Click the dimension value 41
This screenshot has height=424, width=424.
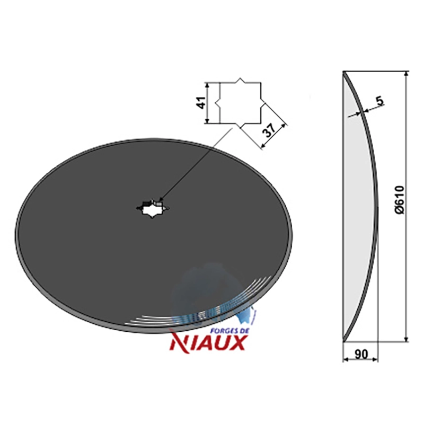(x=201, y=102)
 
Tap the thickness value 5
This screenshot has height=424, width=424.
(x=379, y=101)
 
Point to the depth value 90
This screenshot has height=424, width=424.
(x=361, y=354)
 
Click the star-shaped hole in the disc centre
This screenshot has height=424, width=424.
(x=153, y=208)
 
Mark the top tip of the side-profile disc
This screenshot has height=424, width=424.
(x=343, y=72)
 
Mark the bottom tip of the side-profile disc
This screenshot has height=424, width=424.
(x=343, y=341)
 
